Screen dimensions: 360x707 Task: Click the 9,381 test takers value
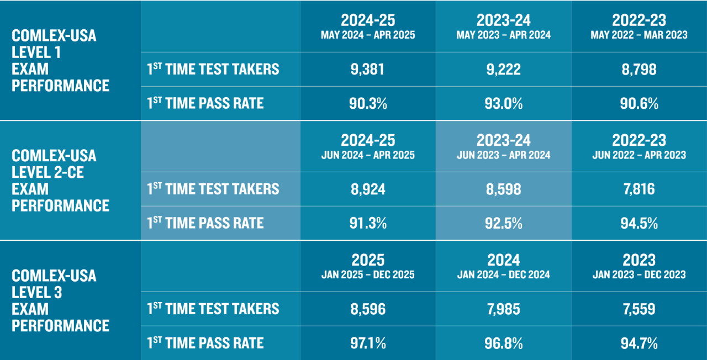point(368,70)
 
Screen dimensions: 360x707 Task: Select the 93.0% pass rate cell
point(503,103)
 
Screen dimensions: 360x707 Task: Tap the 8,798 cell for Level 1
point(639,70)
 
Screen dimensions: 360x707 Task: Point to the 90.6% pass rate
point(639,103)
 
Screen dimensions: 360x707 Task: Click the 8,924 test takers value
point(368,189)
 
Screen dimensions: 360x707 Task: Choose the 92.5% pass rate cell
point(503,223)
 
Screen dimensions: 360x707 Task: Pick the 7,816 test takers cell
point(639,189)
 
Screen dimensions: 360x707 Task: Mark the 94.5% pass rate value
point(639,223)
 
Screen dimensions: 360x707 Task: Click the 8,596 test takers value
point(368,309)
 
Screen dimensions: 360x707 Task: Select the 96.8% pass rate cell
point(503,343)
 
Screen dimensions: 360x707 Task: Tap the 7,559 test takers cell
point(639,309)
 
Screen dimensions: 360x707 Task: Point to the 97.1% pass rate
point(368,343)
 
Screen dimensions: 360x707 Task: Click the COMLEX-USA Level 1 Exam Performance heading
point(61,61)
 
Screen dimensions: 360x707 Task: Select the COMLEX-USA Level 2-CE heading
point(61,181)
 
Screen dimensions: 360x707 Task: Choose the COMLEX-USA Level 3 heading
point(61,300)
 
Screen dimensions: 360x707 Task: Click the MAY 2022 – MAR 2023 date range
point(639,35)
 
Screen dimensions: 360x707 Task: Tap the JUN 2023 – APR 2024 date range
point(503,155)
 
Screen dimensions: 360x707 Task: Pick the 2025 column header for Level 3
point(368,260)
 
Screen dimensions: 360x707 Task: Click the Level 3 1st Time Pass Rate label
point(205,343)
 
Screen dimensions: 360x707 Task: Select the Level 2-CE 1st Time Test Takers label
point(213,189)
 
